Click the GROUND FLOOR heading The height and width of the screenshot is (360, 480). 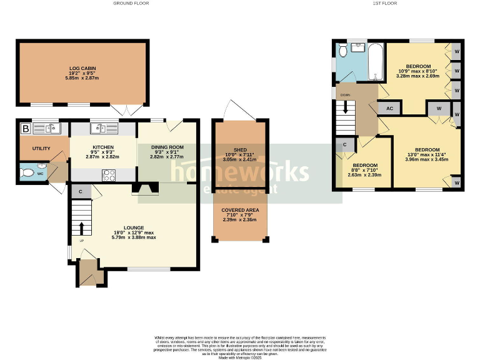pyautogui.click(x=131, y=3)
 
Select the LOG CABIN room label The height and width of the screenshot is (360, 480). pyautogui.click(x=82, y=67)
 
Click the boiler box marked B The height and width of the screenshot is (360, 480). pyautogui.click(x=26, y=129)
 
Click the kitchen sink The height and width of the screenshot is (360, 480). pyautogui.click(x=100, y=129)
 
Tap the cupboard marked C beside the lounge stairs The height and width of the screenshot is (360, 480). pyautogui.click(x=81, y=191)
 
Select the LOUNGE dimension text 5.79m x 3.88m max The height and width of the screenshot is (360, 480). pyautogui.click(x=134, y=237)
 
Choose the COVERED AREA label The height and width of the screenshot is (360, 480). pyautogui.click(x=240, y=210)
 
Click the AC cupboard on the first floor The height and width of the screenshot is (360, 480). pyautogui.click(x=389, y=107)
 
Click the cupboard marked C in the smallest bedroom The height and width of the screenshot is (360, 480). pyautogui.click(x=344, y=145)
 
